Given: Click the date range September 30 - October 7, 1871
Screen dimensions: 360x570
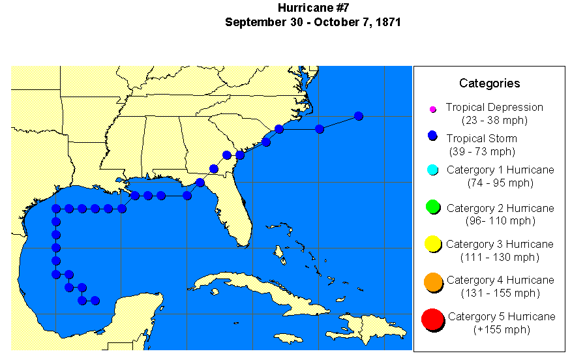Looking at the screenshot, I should point(312,22).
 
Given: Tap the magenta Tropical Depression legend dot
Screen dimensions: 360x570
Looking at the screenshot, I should point(432,109).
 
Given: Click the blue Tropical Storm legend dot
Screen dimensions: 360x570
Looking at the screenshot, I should point(432,137).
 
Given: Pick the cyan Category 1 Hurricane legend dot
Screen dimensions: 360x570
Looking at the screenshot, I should point(432,170).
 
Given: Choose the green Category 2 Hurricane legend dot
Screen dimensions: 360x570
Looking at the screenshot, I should point(432,207).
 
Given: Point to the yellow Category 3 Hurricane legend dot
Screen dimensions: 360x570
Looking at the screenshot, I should point(432,245).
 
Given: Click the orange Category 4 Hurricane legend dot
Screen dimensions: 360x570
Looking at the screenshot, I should point(432,282).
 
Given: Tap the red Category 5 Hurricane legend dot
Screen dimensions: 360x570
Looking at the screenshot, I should point(432,320).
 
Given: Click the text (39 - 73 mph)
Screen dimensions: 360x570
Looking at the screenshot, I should point(482,151).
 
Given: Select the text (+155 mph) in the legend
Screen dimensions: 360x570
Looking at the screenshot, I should point(501,329).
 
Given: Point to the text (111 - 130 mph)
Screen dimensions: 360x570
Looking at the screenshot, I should point(500,257).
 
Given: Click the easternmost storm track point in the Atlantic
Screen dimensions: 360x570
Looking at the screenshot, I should point(358,116).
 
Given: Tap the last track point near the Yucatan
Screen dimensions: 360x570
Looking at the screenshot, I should point(95,301).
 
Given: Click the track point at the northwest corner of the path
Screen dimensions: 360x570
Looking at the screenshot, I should point(56,209).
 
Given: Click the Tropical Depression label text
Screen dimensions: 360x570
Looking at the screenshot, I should point(494,108).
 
